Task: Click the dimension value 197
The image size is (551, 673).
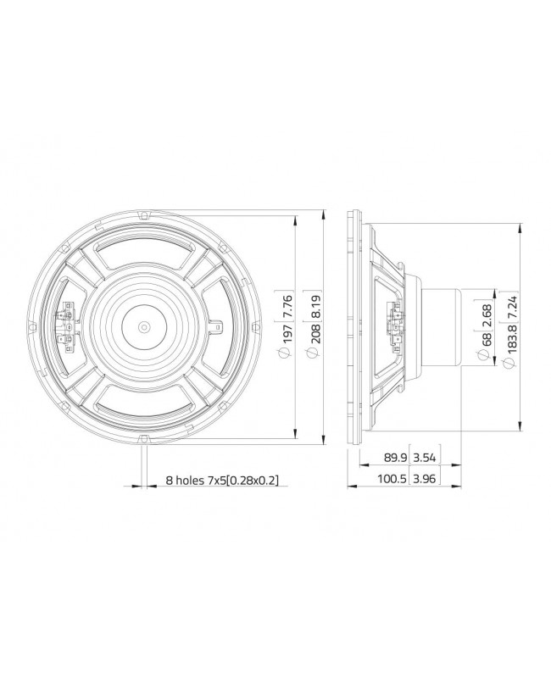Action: [x=287, y=336]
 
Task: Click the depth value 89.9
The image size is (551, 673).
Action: [x=395, y=459]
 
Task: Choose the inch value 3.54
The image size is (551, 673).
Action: [x=425, y=459]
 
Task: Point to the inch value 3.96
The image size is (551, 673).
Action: [x=425, y=480]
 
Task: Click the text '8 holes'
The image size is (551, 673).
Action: [x=185, y=480]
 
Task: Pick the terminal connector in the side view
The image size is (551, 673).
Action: [x=393, y=324]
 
